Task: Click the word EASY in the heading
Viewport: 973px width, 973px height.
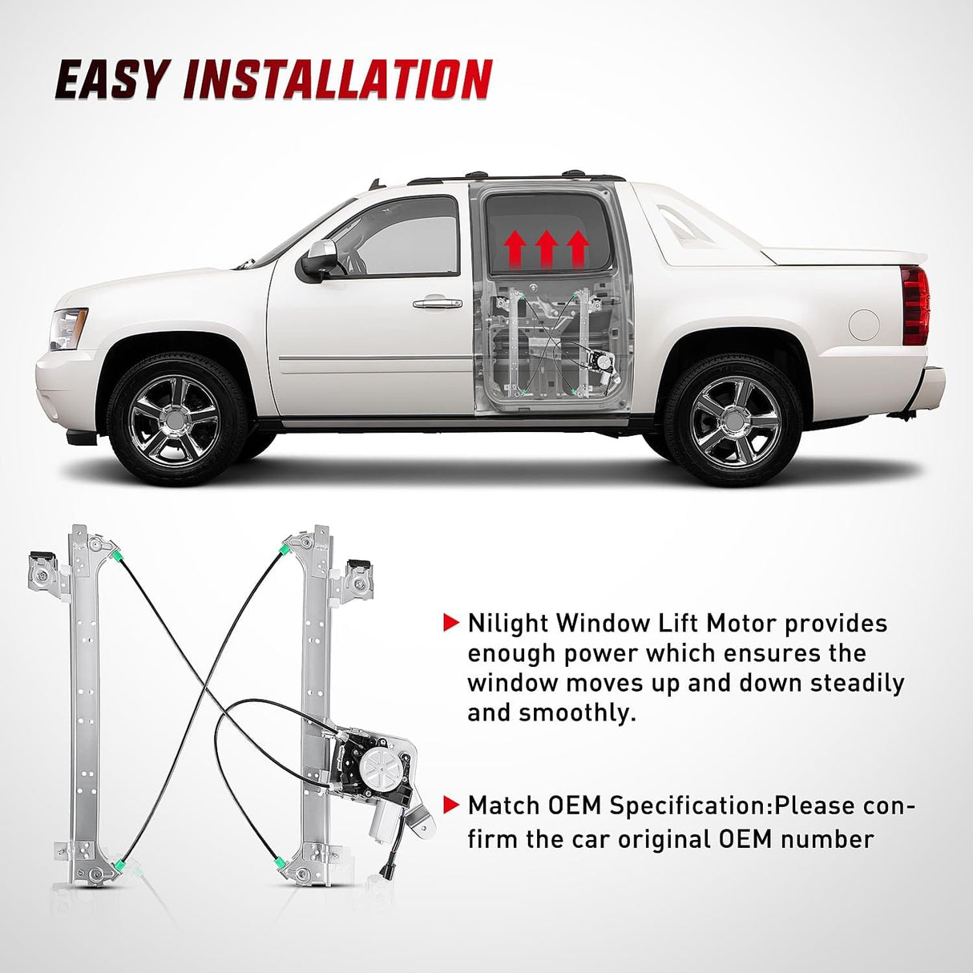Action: point(111,80)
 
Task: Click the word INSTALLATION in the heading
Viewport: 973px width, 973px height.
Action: point(337,80)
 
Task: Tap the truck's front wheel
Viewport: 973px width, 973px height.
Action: point(175,422)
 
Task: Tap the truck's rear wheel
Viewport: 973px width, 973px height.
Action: point(734,422)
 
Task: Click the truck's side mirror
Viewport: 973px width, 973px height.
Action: point(317,260)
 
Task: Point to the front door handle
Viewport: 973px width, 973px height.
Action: point(438,303)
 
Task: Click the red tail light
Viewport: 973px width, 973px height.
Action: point(914,305)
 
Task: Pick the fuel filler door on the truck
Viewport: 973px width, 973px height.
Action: point(864,324)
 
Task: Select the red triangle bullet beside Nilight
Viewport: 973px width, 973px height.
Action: point(451,623)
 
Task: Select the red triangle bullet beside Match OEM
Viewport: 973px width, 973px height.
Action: point(451,804)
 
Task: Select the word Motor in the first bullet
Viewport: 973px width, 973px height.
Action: point(733,623)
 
